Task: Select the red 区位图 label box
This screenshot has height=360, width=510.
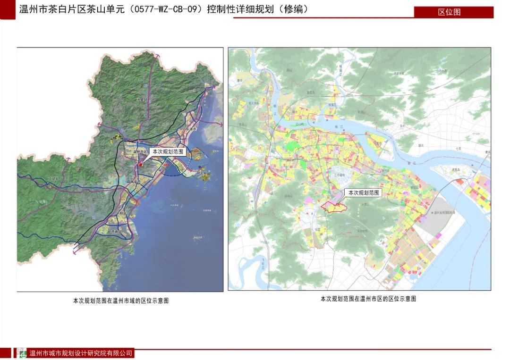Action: (449, 12)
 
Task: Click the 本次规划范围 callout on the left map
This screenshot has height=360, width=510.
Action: (167, 152)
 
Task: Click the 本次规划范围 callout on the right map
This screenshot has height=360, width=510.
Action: (364, 193)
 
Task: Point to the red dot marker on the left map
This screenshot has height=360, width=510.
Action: (140, 165)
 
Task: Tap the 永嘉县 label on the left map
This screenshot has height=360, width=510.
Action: (142, 100)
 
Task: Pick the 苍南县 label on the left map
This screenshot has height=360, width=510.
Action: (116, 232)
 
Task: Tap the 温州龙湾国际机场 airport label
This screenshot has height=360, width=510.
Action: (444, 213)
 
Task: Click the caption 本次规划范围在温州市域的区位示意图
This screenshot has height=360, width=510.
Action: (121, 301)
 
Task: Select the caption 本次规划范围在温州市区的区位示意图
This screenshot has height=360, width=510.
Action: (368, 299)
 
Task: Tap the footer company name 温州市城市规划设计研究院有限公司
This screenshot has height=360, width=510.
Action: (81, 353)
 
